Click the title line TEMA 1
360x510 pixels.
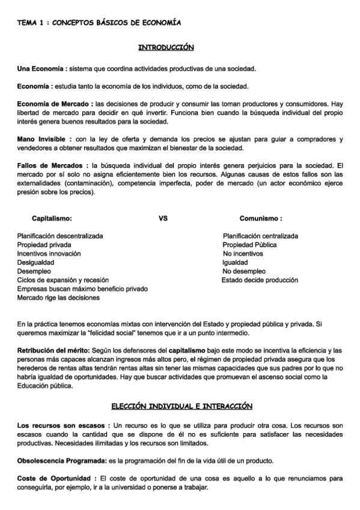(x=99, y=22)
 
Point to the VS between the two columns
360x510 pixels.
(x=163, y=219)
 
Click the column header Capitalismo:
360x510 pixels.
(x=52, y=219)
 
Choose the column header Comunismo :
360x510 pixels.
(x=261, y=219)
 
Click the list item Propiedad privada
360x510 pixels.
(x=44, y=245)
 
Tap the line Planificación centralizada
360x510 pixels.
(x=260, y=236)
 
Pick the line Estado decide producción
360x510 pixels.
(x=259, y=280)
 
